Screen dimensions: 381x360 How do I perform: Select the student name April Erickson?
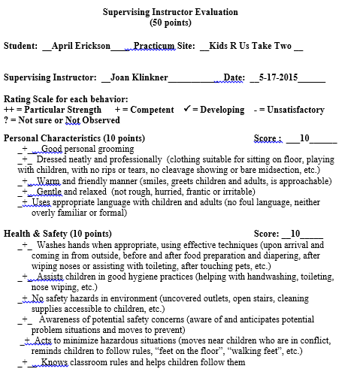point(77,46)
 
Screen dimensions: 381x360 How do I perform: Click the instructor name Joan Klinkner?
point(139,77)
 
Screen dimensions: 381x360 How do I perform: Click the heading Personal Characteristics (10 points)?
point(74,138)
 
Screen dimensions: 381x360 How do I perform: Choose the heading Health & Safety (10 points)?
point(58,234)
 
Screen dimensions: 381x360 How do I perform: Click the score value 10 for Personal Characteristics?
point(304,138)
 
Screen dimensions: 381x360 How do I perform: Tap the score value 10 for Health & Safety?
point(295,234)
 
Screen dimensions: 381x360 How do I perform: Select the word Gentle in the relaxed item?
point(50,192)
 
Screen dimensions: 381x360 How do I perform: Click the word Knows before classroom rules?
point(54,362)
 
